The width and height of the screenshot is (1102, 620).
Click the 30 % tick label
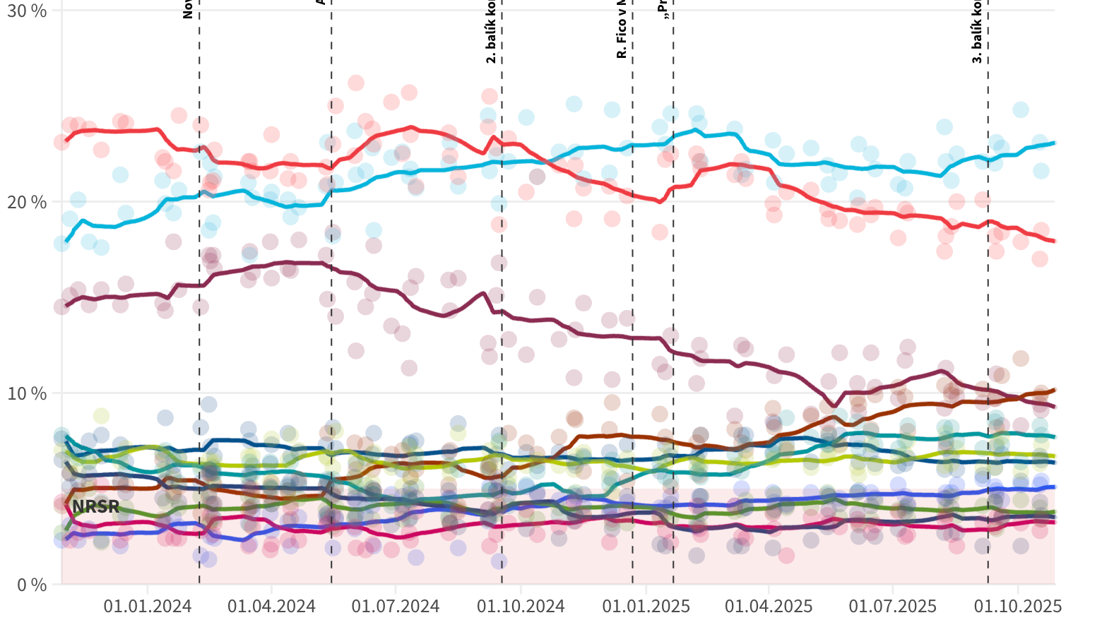(27, 11)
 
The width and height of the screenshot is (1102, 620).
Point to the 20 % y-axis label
(27, 203)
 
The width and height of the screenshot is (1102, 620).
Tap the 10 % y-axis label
(27, 393)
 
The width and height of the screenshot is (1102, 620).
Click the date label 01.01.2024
(148, 606)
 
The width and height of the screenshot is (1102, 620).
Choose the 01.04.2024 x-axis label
(271, 606)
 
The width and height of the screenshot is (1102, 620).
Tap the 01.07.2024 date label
(396, 606)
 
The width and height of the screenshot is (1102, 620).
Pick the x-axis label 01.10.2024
(521, 606)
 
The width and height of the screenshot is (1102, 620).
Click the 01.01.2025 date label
(645, 606)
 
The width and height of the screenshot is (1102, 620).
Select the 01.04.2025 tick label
(769, 606)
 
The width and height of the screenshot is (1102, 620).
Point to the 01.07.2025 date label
(893, 606)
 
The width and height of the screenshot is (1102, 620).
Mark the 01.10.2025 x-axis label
(1018, 606)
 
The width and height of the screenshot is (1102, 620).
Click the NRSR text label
(95, 506)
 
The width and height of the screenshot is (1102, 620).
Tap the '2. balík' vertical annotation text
(491, 35)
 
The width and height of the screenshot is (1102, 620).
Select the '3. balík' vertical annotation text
(977, 32)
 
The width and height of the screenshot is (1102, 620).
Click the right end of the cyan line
(1054, 143)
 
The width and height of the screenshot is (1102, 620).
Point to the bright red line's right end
(1054, 242)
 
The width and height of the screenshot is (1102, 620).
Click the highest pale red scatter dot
(356, 83)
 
